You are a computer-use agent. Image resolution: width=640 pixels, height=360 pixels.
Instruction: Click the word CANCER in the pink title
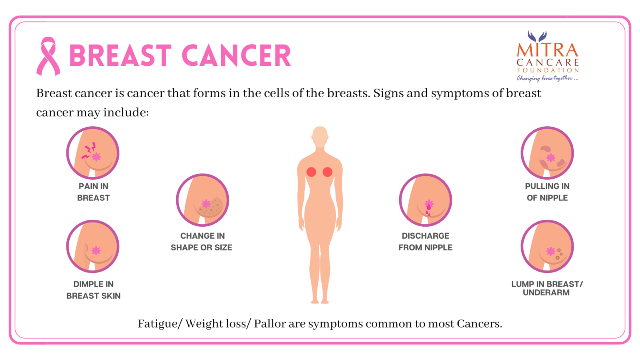236,55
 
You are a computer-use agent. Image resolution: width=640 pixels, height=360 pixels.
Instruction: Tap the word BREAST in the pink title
120,55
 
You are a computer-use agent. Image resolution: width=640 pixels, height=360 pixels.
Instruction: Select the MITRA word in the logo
547,50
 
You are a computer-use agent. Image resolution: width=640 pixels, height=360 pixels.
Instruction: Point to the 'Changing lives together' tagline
547,78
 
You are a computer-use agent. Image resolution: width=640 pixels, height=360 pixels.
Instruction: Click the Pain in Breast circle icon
93,153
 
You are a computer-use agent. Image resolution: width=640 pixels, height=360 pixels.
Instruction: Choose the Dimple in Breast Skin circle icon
93,246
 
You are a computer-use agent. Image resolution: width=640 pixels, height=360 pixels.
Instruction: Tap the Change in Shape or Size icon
202,200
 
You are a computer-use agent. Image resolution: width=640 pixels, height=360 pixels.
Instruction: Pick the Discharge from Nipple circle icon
425,200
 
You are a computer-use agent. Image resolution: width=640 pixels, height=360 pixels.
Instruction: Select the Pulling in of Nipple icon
547,153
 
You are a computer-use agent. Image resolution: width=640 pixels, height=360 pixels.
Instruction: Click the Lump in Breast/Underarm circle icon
547,246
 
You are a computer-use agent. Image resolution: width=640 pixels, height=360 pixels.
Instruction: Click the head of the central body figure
320,137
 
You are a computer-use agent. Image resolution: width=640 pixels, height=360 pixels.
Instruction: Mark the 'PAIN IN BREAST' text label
93,192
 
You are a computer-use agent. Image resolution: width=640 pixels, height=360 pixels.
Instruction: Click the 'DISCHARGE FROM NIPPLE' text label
425,242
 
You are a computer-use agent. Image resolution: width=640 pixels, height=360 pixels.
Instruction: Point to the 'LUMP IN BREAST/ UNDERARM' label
547,288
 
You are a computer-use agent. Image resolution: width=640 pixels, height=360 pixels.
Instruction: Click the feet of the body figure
320,301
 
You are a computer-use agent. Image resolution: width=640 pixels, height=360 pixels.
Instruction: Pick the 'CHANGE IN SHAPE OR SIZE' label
202,242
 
